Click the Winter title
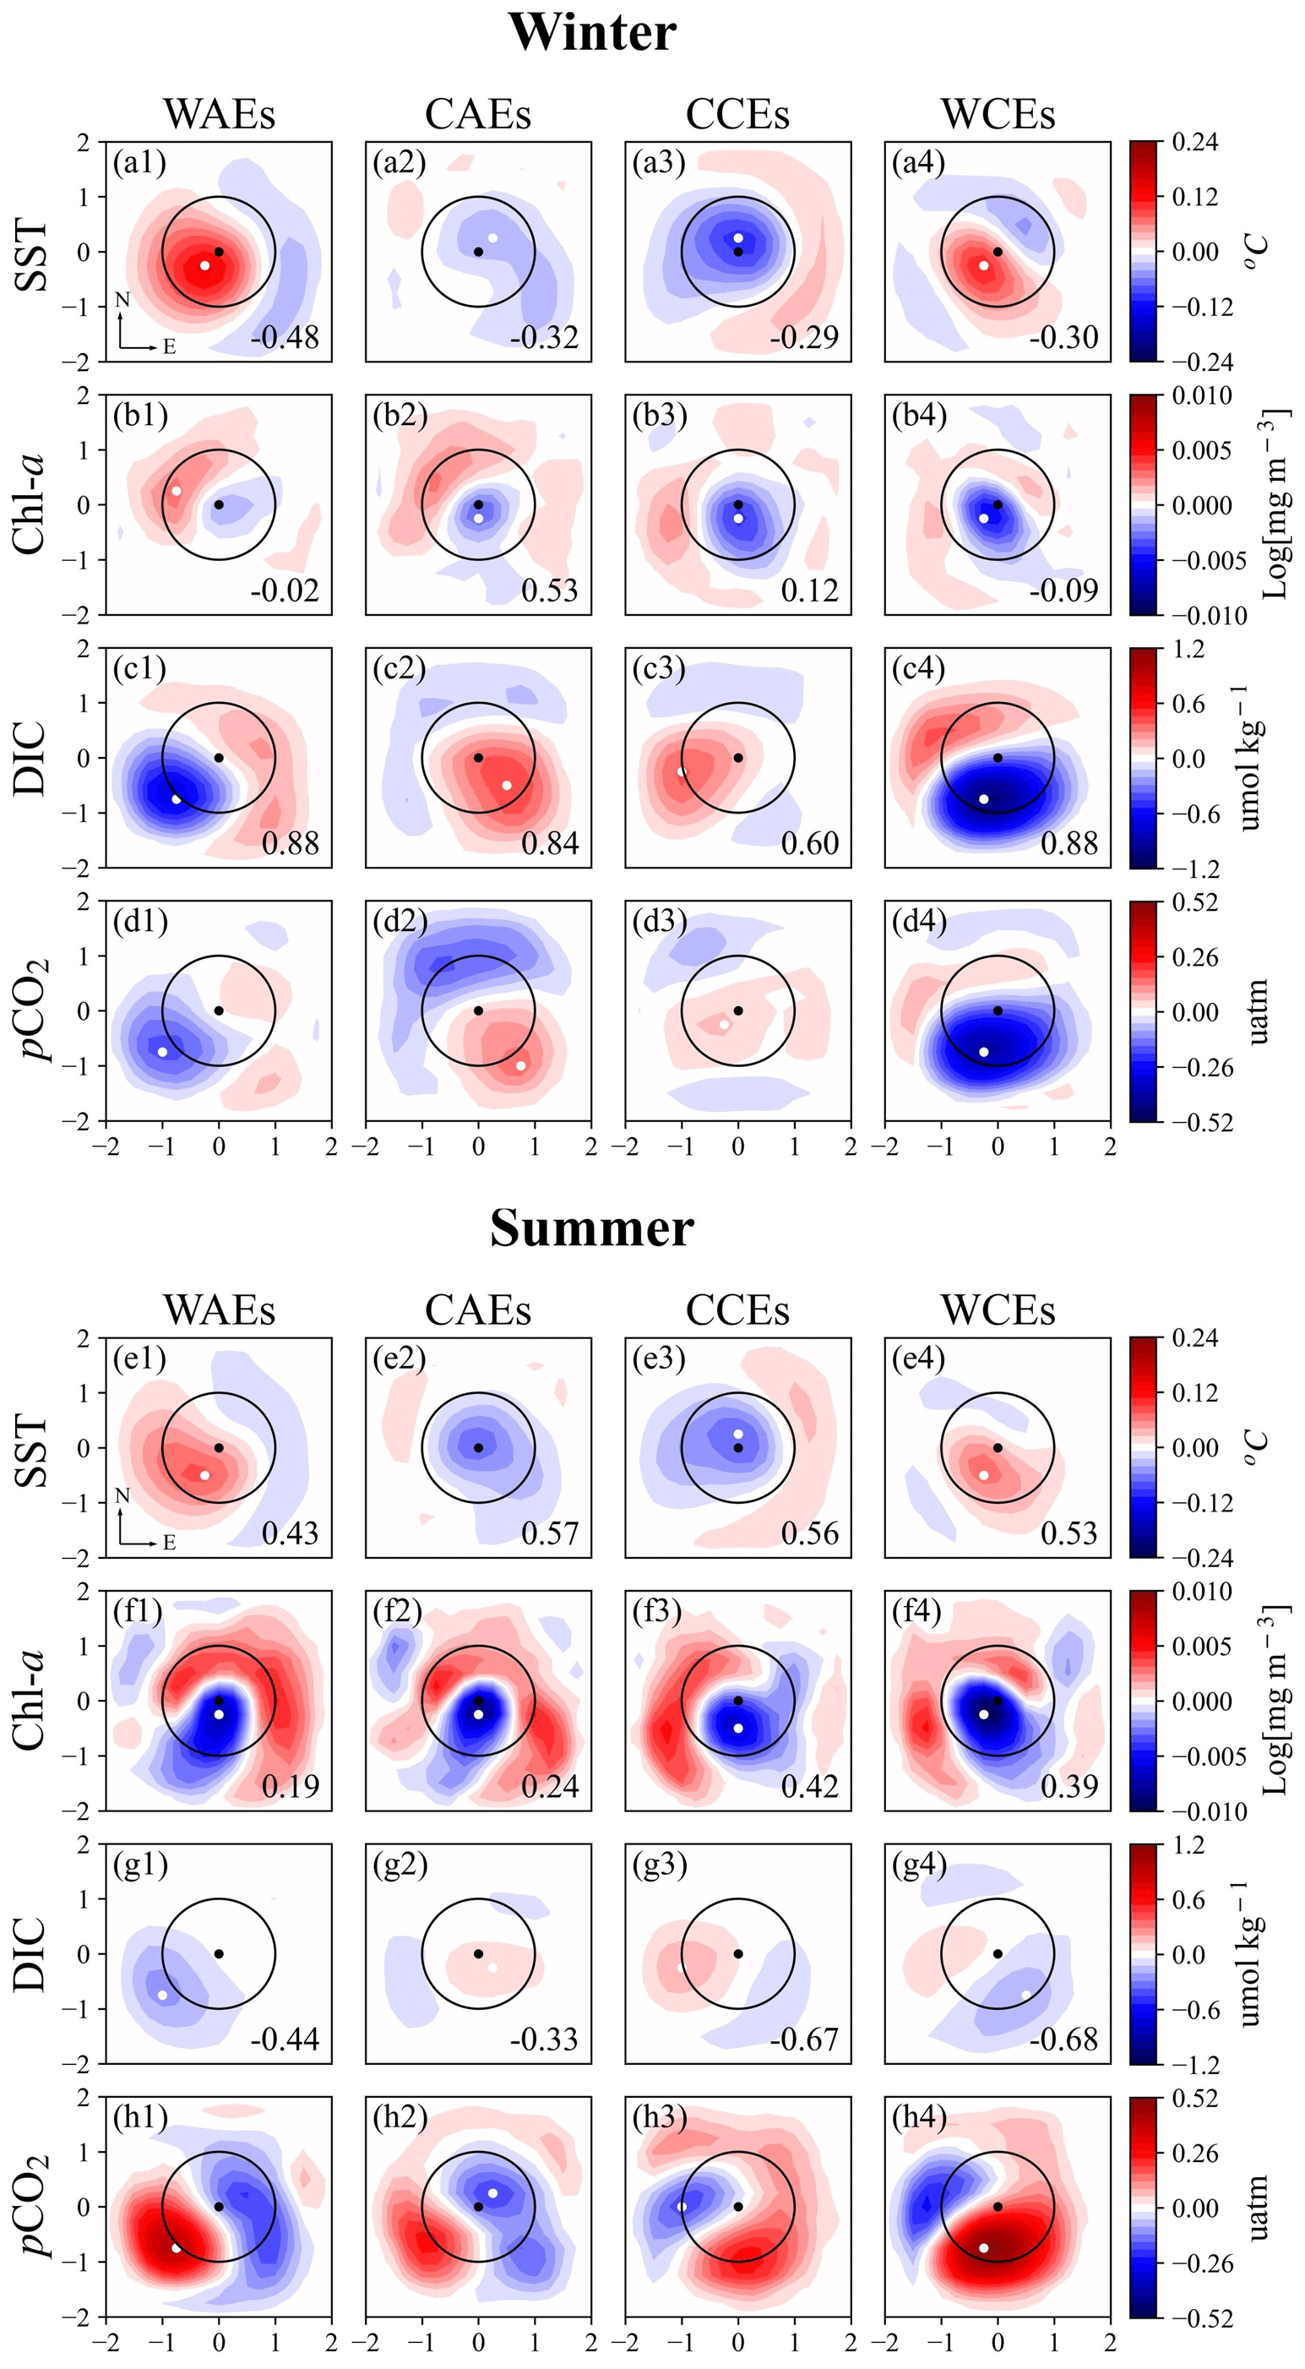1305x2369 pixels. (591, 32)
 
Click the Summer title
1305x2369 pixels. (591, 1228)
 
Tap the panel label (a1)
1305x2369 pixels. (139, 163)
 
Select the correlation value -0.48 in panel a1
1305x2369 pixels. (285, 337)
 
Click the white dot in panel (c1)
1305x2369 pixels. (177, 799)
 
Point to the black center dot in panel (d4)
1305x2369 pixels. (998, 1010)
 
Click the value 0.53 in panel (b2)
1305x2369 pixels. (550, 591)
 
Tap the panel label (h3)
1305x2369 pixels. (660, 2117)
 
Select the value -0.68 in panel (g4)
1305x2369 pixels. (1063, 2039)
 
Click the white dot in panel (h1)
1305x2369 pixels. (177, 2247)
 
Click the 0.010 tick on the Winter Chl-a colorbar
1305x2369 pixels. (1202, 395)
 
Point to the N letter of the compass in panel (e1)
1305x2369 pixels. (122, 1495)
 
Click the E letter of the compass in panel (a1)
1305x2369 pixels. (169, 346)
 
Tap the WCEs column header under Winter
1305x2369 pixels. (998, 114)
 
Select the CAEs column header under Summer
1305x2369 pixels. (478, 1310)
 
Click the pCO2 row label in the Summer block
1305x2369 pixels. (34, 2206)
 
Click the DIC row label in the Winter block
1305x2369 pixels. (30, 758)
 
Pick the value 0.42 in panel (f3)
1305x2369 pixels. (809, 1786)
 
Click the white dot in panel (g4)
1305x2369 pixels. (1026, 1995)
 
